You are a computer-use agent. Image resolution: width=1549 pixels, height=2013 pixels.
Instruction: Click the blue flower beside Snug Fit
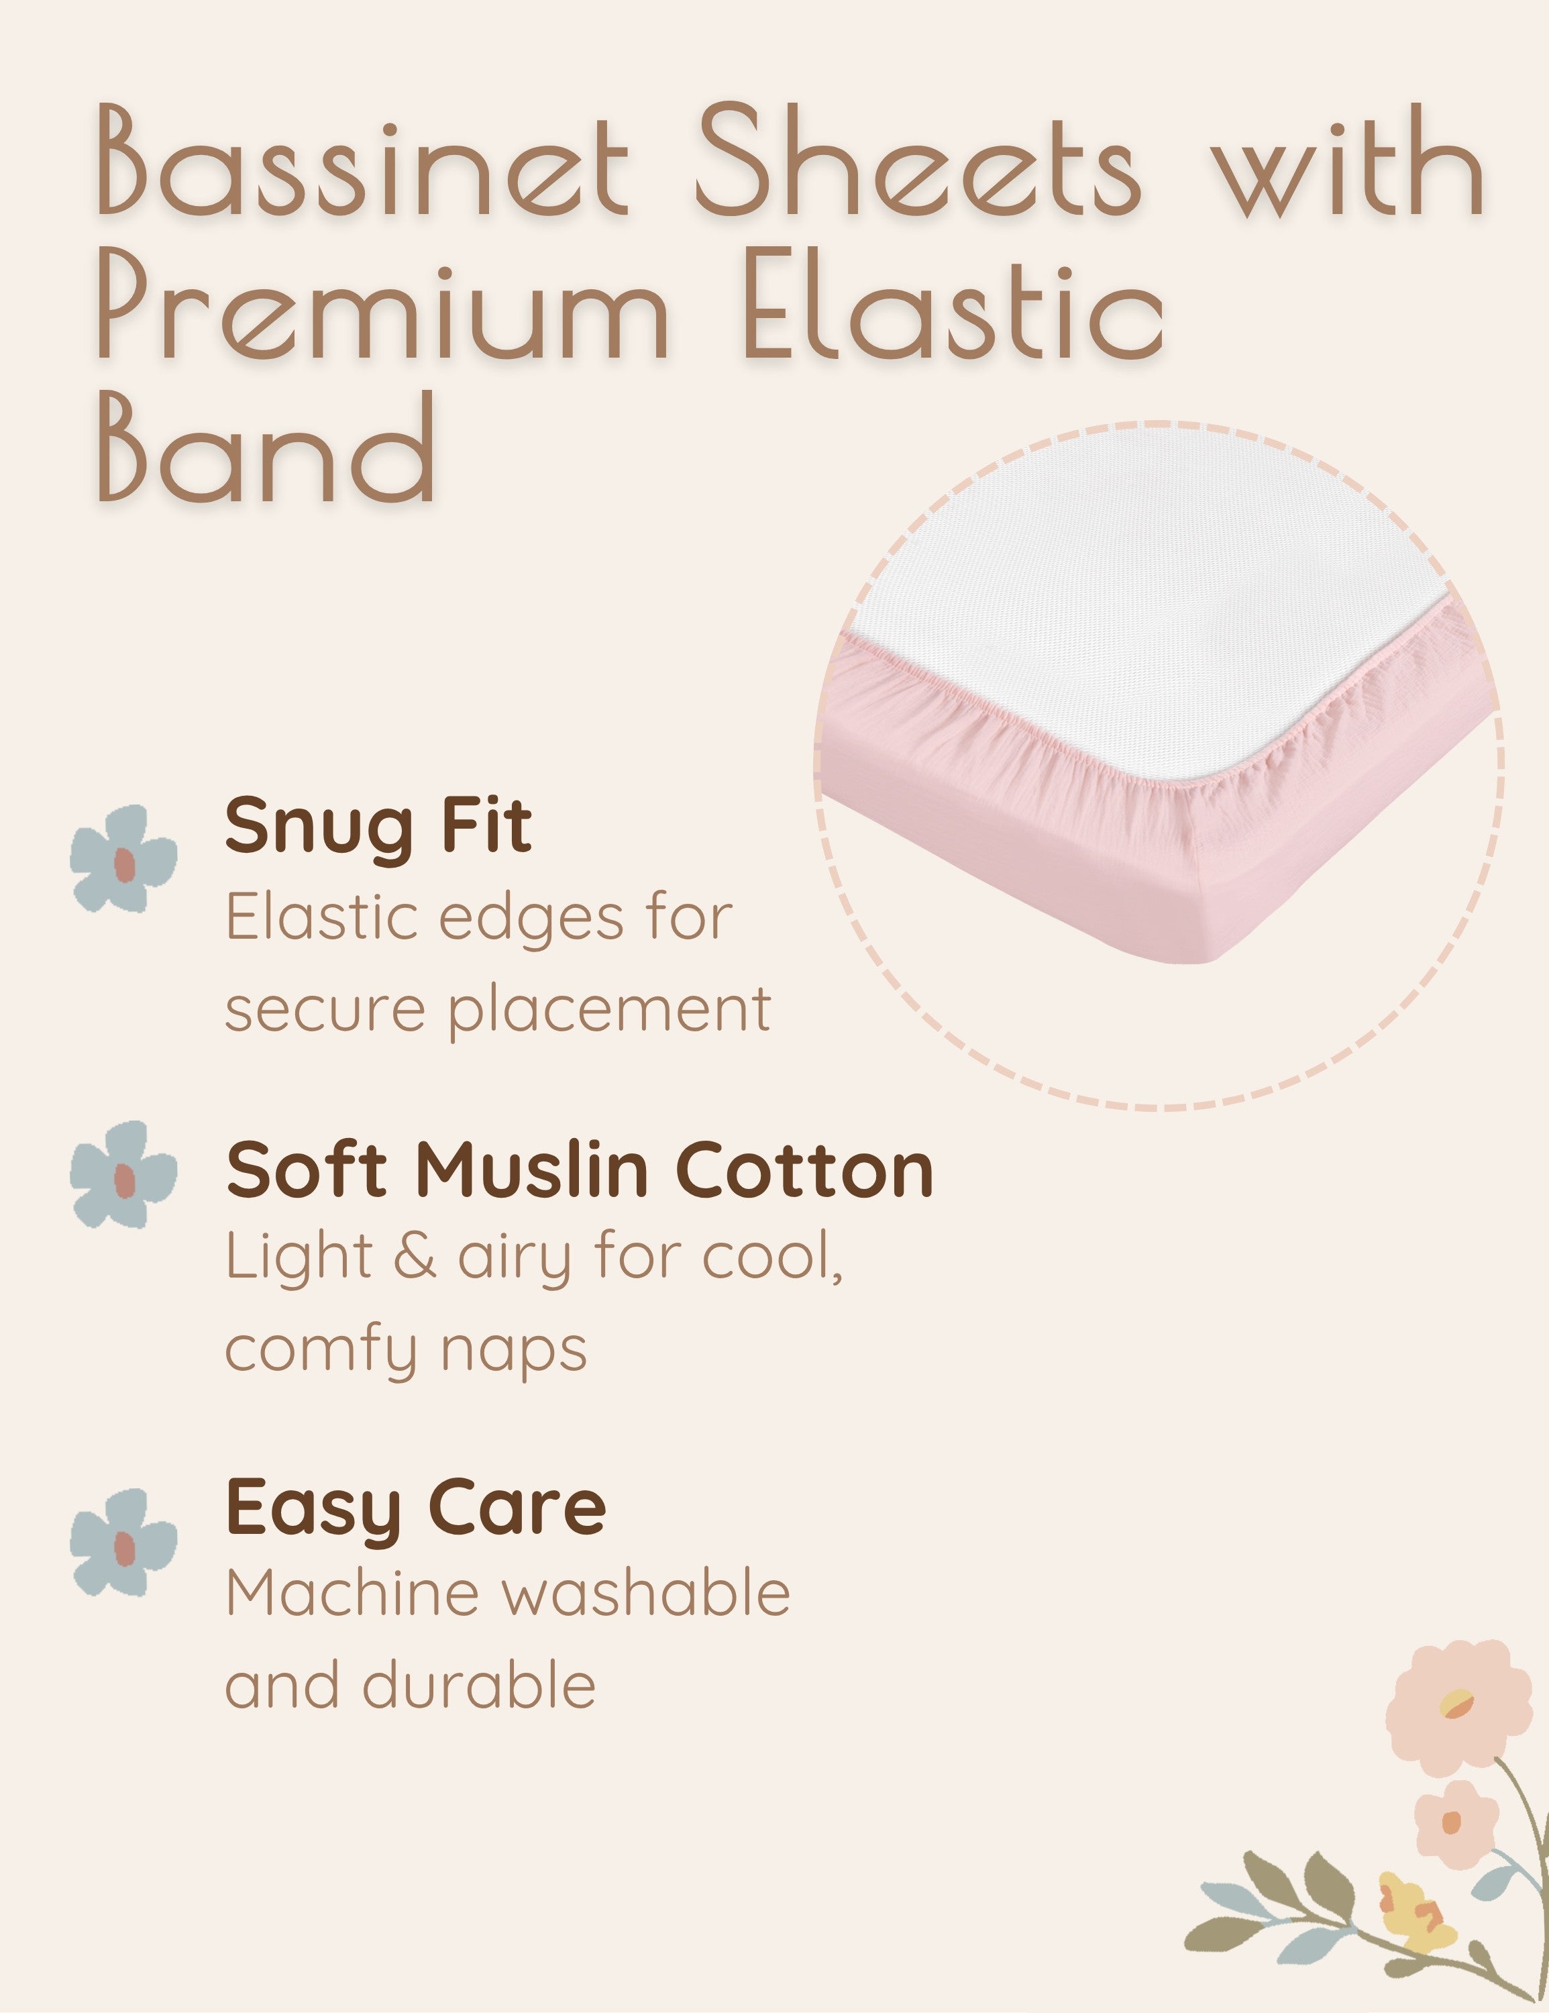pos(123,858)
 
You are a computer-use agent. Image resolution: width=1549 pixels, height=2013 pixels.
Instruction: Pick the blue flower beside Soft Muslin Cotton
pos(123,1174)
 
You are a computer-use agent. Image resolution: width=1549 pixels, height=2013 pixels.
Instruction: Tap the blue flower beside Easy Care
pos(123,1542)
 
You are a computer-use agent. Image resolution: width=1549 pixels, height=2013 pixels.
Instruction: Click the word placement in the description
pos(610,1012)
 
